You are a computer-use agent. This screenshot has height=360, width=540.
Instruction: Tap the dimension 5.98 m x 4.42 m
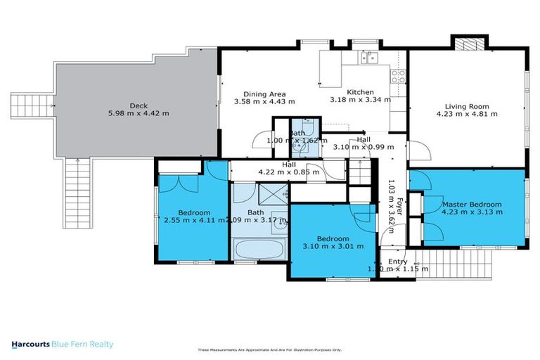[139, 112]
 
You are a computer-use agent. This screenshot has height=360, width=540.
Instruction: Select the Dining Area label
[264, 94]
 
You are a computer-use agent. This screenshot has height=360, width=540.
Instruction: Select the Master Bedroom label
[472, 204]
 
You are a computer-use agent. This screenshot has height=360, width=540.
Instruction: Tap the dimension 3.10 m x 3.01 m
[333, 246]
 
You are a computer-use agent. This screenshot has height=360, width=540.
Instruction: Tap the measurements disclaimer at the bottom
[269, 350]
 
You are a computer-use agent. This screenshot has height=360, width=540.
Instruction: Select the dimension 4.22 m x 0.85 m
[290, 170]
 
